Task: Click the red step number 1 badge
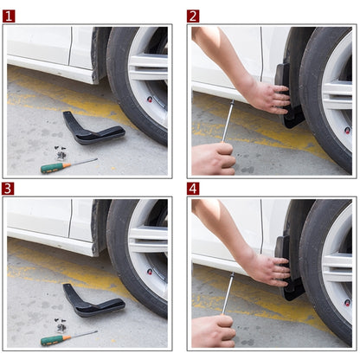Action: click(9, 16)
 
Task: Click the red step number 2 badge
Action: click(193, 16)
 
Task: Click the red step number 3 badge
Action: click(9, 188)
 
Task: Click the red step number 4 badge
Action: click(193, 188)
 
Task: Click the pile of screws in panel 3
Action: click(61, 325)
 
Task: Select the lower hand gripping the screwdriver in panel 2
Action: click(211, 158)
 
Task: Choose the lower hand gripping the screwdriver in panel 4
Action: click(211, 331)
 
